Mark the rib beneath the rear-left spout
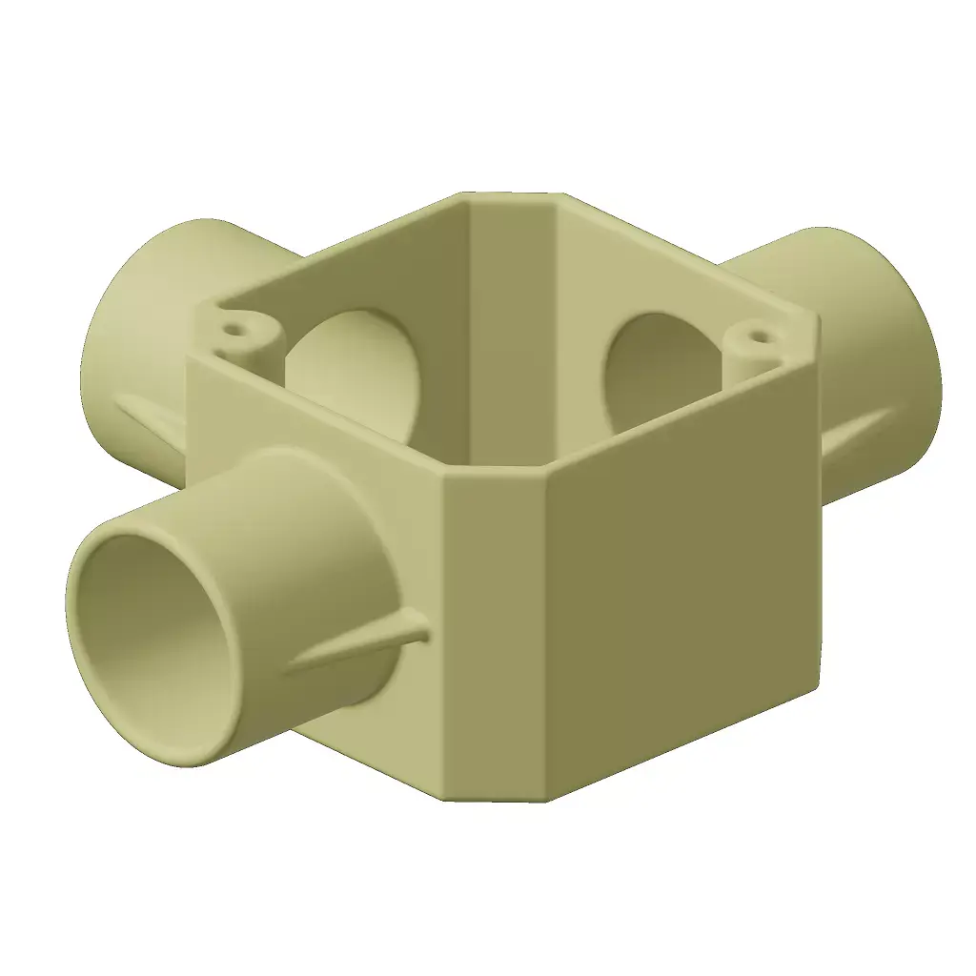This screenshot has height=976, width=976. (x=152, y=419)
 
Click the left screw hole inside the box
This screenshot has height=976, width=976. (x=234, y=333)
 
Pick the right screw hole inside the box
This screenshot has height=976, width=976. (x=757, y=336)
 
